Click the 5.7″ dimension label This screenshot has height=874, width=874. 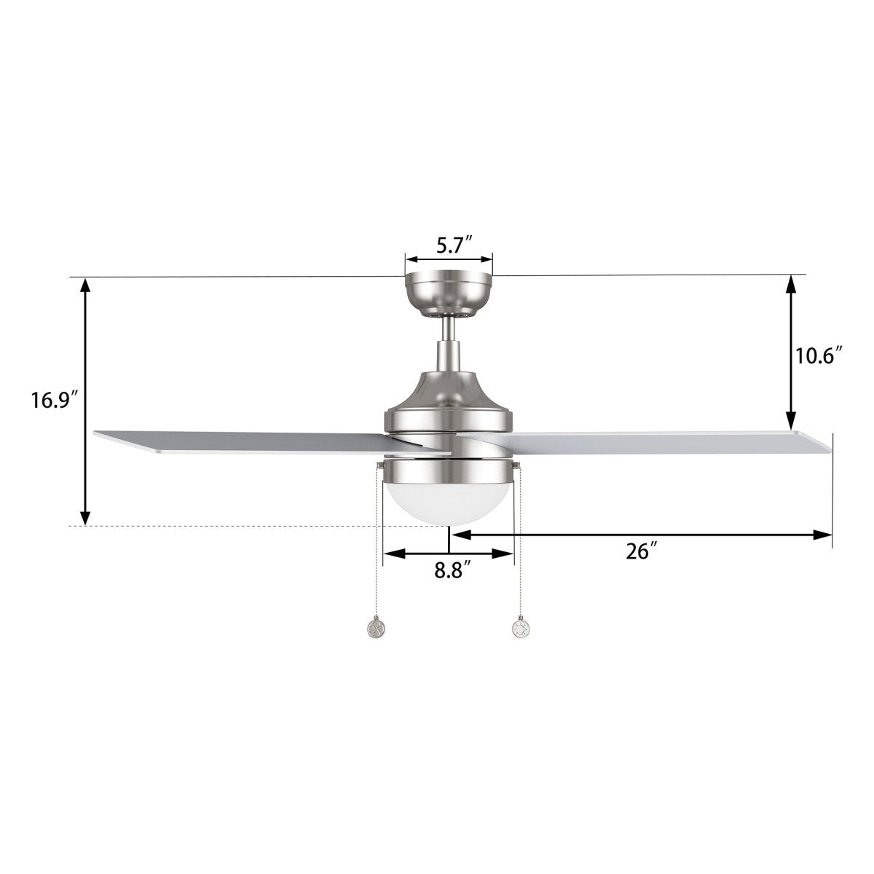[x=456, y=245]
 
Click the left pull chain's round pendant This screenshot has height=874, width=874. [x=376, y=627]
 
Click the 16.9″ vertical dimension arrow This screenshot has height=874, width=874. [x=86, y=401]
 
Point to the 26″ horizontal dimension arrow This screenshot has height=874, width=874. [x=641, y=535]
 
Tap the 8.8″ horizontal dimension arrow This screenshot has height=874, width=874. [x=449, y=554]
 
